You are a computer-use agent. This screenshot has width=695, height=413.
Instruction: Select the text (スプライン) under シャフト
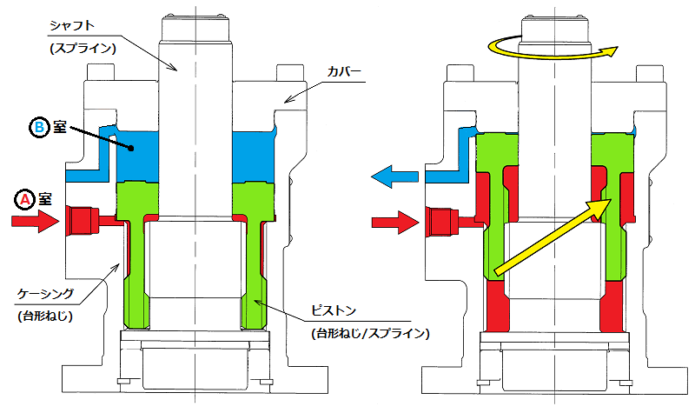(x=81, y=48)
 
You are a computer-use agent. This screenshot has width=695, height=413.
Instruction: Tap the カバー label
(x=344, y=73)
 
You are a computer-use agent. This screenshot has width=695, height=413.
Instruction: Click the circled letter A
(x=26, y=199)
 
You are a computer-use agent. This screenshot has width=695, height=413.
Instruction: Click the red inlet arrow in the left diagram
(x=35, y=222)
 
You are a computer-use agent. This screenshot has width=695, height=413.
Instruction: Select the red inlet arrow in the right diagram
(x=395, y=223)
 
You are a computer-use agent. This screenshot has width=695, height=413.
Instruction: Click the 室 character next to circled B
(x=62, y=128)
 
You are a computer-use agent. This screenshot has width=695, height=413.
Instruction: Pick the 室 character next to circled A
(x=47, y=199)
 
